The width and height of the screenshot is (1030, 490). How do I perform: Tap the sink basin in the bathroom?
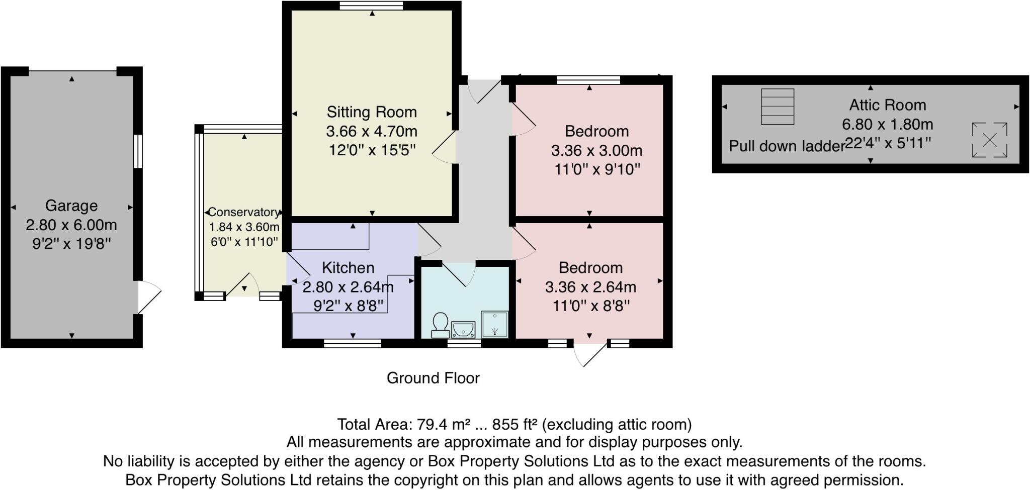463,330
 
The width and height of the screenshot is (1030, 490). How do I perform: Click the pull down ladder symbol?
778,107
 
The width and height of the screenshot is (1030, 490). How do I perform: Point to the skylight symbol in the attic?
989,140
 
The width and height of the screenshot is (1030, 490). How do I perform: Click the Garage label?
71,206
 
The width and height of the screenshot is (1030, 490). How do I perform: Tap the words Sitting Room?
372,112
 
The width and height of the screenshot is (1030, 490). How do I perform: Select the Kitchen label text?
348,267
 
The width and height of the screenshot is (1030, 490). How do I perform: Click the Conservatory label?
244,212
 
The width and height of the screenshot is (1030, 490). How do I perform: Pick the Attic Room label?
888,105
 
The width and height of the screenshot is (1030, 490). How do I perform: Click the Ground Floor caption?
433,378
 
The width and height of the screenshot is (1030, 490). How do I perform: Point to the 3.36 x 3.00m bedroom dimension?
596,150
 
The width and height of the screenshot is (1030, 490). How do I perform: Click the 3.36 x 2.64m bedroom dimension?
590,287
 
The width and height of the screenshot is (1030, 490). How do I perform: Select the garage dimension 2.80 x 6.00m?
71,225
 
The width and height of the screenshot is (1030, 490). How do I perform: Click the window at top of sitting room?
371,6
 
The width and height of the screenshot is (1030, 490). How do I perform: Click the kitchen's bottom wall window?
353,344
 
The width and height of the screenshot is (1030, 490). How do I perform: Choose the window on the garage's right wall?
138,151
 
